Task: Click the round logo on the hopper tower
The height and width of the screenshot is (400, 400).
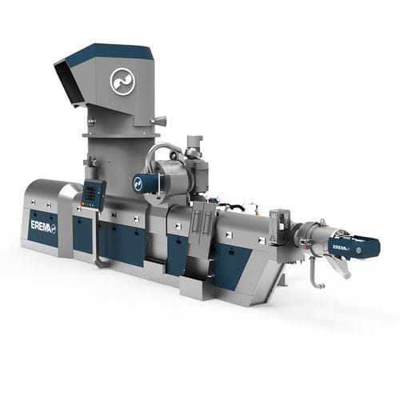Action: coord(122,82)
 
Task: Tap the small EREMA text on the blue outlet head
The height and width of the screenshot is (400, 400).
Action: coord(341,248)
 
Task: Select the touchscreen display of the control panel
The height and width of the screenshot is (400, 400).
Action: coord(90,193)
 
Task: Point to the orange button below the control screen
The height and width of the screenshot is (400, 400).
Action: coord(82,203)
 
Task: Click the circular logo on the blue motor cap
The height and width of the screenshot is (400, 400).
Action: coord(138,183)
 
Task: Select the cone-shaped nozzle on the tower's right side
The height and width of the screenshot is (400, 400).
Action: coord(160,121)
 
